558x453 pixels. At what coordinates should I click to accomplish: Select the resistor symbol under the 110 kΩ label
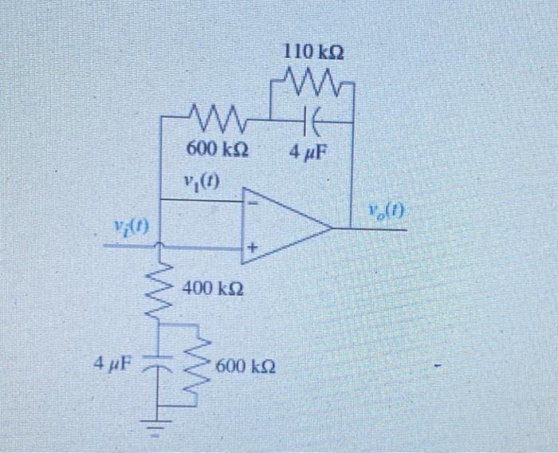311,81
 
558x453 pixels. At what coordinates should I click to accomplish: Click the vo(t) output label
387,211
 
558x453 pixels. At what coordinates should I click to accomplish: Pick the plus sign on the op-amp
252,250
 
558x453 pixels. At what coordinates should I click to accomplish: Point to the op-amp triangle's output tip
331,229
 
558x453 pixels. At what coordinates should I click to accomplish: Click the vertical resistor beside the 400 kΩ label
159,283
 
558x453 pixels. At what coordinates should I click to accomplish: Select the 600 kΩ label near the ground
248,367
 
